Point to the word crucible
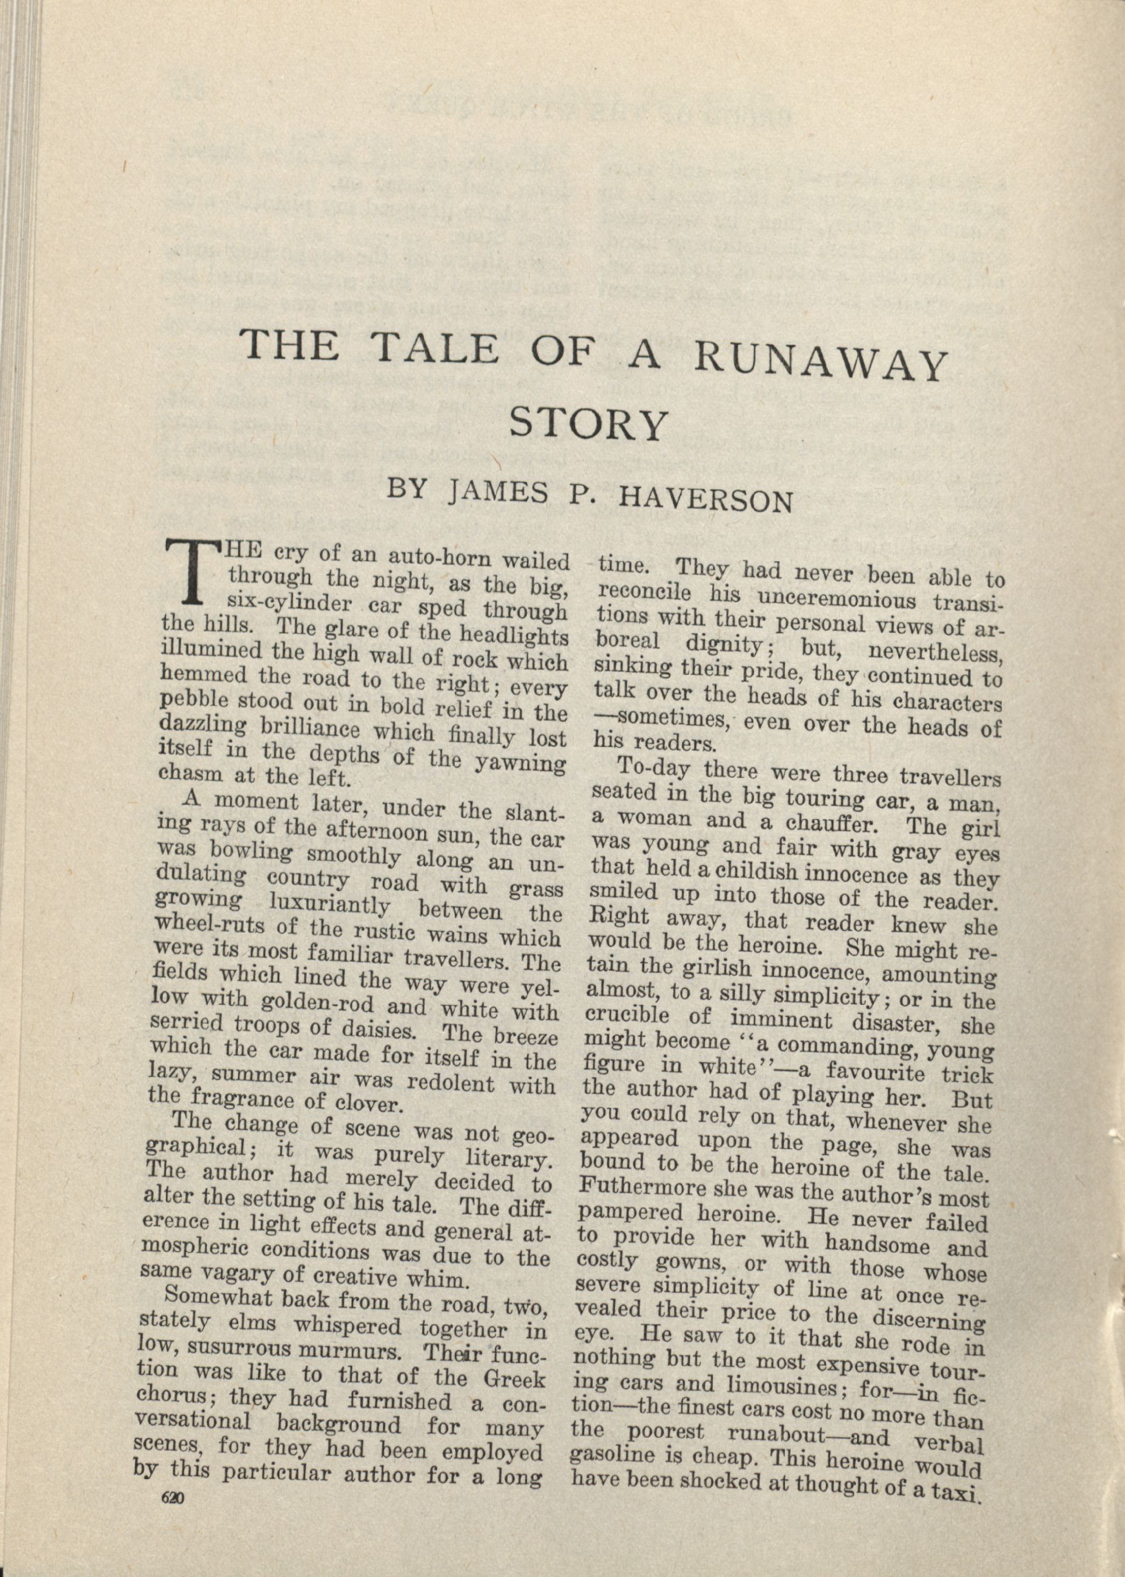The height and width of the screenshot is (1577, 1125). click(x=627, y=1016)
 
